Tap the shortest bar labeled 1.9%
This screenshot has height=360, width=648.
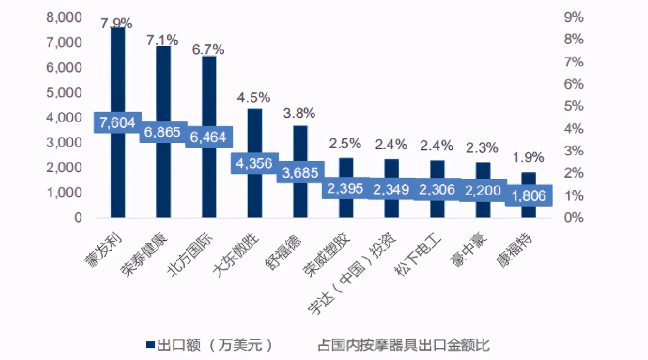[x=528, y=180]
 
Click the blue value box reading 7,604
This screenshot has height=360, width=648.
[x=117, y=123]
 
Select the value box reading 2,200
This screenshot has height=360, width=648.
[x=482, y=190]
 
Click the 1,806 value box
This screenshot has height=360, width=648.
[x=528, y=195]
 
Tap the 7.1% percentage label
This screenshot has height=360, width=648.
[x=162, y=40]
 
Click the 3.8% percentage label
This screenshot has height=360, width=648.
[x=299, y=113]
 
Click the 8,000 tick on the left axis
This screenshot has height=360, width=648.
[x=64, y=18]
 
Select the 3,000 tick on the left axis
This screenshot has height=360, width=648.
[x=64, y=142]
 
